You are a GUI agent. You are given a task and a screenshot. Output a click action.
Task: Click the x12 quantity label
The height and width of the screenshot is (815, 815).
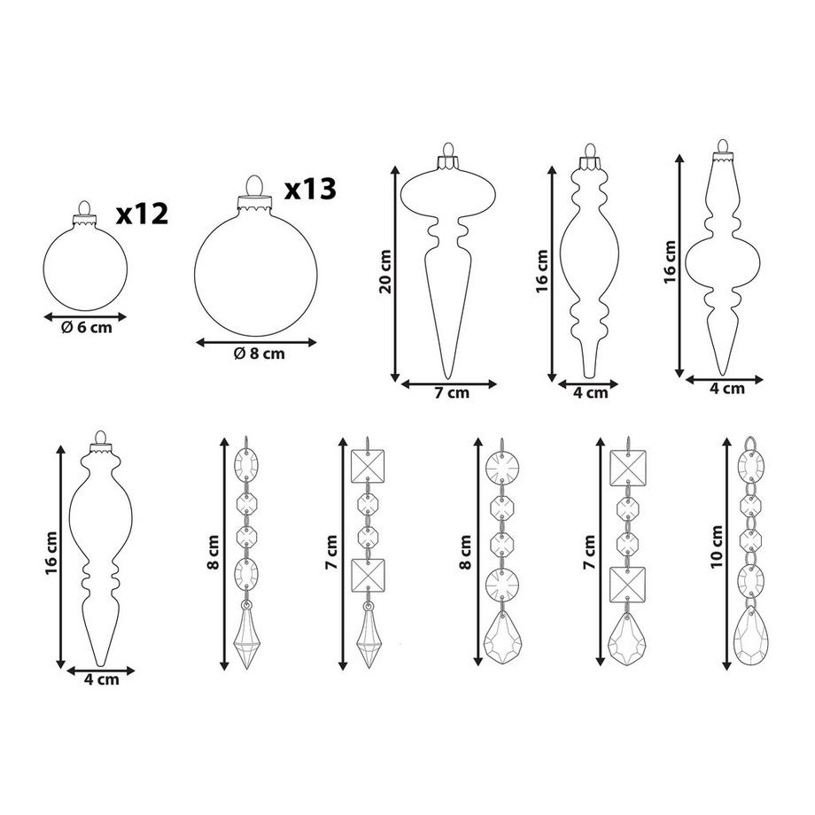tap(142, 213)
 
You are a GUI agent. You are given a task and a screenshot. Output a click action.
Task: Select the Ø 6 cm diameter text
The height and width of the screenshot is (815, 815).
tap(86, 326)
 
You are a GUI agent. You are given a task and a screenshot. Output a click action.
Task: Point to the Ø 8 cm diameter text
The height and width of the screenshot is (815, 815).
tap(259, 353)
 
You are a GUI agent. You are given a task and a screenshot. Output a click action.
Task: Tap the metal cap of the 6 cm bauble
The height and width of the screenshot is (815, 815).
tap(85, 211)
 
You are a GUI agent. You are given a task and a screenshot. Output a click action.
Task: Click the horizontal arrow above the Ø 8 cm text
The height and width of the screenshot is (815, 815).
tap(256, 341)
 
